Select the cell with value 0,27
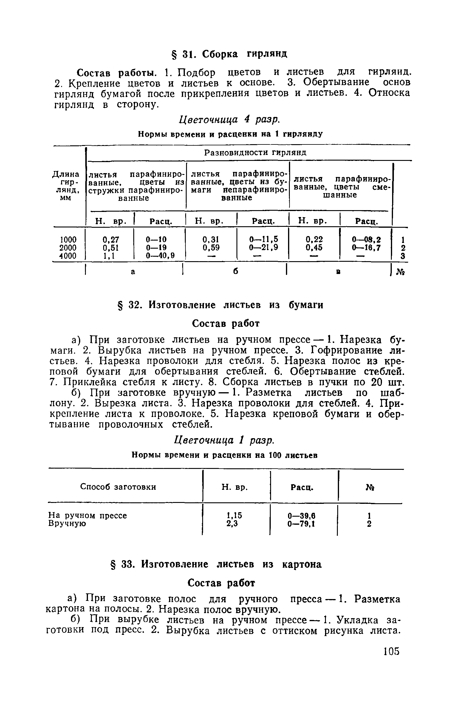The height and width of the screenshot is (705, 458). click(111, 239)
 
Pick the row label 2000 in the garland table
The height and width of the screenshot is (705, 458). click(68, 247)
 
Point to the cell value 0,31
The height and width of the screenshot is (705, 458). click(211, 239)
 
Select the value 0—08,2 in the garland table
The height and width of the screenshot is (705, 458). click(366, 239)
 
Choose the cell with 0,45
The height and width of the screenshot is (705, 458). click(315, 247)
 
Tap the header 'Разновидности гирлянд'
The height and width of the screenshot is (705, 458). click(255, 153)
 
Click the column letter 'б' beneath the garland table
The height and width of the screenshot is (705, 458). click(236, 272)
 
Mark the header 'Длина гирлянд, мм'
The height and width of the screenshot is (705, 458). click(66, 185)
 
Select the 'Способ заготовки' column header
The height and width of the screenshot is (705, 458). click(118, 487)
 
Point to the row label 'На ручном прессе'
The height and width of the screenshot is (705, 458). click(87, 515)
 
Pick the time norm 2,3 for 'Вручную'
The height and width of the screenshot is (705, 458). click(234, 524)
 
